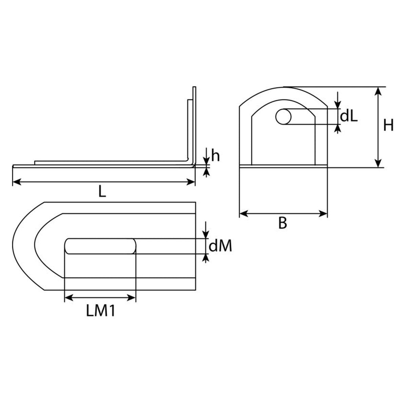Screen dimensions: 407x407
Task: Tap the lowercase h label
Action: [215, 156]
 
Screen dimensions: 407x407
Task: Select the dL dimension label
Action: [349, 116]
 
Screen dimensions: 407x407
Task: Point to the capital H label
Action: [388, 125]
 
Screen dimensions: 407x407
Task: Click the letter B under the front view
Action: [283, 223]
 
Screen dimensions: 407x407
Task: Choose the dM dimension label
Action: [220, 246]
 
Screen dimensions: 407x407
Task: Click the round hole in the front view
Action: [284, 116]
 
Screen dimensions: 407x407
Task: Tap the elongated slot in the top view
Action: [100, 246]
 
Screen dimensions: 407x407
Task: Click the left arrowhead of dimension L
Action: [17, 182]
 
